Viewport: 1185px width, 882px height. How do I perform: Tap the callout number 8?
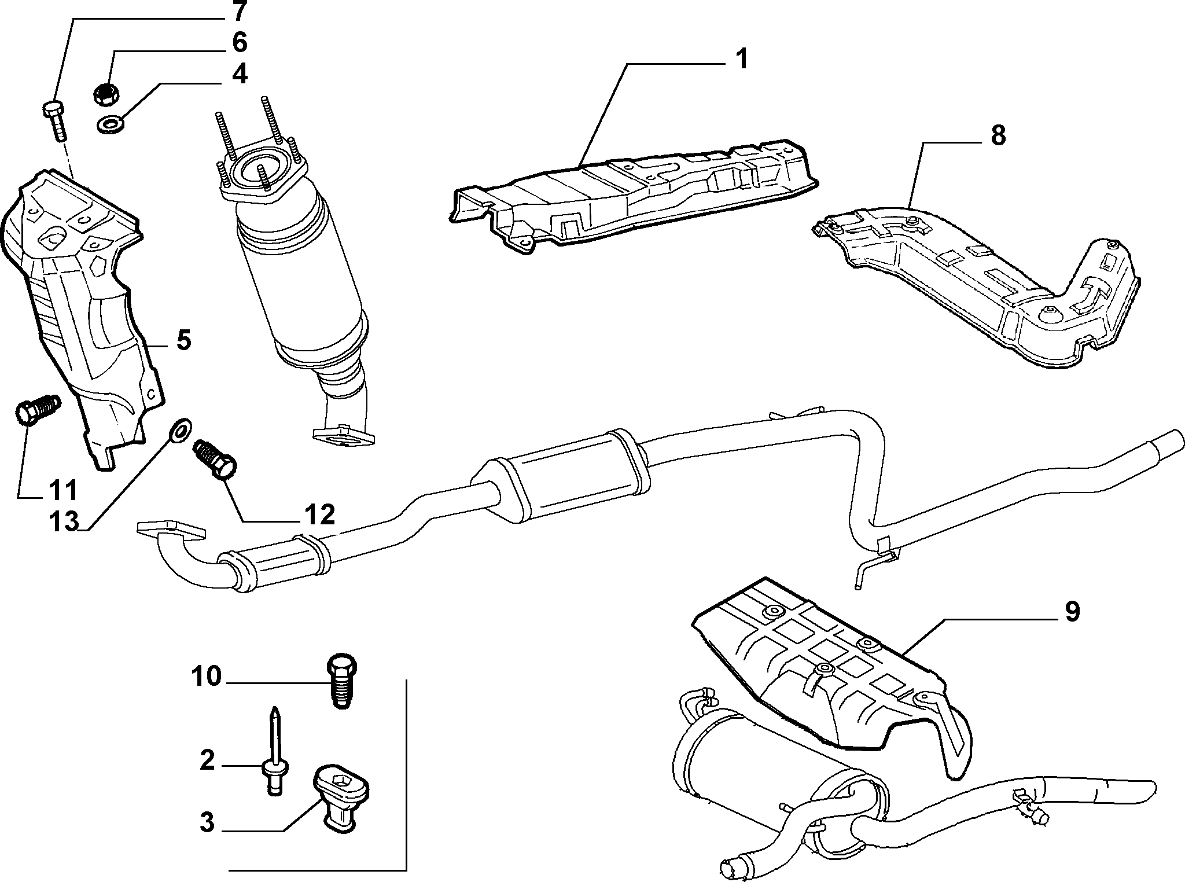tap(998, 137)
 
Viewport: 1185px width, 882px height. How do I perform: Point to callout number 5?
tap(183, 340)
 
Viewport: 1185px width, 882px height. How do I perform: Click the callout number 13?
tap(62, 522)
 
